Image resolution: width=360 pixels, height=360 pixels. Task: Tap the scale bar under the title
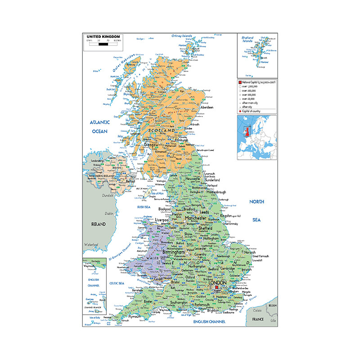(103, 44)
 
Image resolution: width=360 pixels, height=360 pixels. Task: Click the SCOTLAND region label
(161, 130)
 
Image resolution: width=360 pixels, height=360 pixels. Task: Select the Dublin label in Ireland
(109, 213)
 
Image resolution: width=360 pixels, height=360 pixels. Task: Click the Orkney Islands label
(181, 36)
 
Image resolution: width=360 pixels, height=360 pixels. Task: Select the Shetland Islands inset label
(247, 40)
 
